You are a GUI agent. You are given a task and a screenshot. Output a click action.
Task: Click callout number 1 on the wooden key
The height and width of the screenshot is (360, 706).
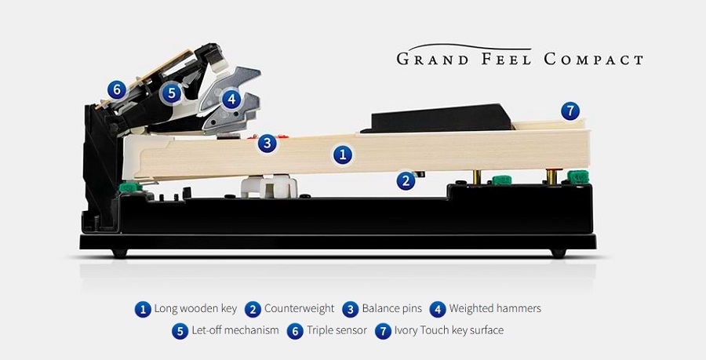coord(343,155)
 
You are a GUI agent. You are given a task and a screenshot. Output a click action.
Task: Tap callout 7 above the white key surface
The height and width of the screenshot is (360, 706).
coord(570,111)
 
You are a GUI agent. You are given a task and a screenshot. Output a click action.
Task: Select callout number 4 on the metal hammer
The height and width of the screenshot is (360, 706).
coord(231,99)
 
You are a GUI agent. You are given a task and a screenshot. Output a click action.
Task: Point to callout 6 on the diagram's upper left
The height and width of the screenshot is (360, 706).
coord(117,90)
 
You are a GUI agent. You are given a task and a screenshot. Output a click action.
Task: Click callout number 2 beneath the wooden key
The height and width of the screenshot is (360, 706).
coord(406,181)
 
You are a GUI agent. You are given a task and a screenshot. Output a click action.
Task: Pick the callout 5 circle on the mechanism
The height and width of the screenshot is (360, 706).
coord(172,93)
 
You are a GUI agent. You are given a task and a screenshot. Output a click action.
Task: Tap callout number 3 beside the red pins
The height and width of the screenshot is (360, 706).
coord(267,144)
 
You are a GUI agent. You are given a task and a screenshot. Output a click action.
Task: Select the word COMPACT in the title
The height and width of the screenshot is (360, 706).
coord(594,60)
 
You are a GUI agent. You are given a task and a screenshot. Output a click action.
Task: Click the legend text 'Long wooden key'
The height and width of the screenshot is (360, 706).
coord(195,309)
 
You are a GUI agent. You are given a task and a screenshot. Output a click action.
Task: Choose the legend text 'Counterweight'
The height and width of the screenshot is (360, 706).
coord(300,309)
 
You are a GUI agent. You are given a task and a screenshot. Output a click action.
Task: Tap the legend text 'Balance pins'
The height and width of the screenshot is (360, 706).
coord(392,309)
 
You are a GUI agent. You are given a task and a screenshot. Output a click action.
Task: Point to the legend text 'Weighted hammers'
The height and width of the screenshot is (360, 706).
coord(495,309)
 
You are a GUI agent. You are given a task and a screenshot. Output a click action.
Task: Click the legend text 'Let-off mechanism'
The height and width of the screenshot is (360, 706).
coord(235,330)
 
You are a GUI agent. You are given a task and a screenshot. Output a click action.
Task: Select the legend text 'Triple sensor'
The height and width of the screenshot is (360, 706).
coord(337,330)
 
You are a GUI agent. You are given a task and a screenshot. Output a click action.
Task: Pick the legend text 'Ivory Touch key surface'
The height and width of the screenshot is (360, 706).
coord(449,330)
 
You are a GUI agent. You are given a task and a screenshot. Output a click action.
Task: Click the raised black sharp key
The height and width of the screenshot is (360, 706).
coord(437,118)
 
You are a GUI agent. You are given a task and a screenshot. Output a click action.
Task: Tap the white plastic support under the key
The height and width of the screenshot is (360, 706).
coord(269,185)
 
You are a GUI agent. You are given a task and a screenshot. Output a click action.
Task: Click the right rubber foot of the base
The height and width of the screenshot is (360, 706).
coord(559,253)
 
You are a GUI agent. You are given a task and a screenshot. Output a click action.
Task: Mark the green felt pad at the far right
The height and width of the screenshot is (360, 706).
coord(578,176)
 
